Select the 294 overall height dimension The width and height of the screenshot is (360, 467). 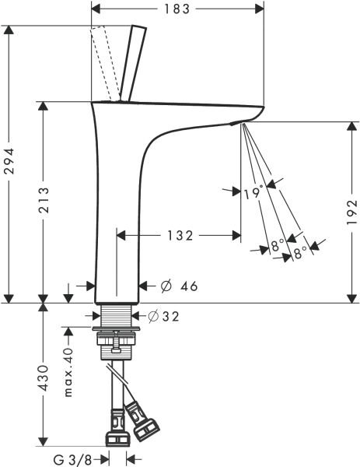(x=10, y=164)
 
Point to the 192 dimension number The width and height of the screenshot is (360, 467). (x=351, y=212)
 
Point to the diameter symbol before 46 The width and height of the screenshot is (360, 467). (x=165, y=286)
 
